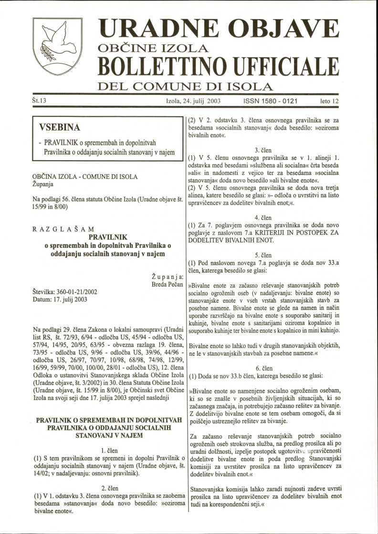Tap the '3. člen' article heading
[263, 150]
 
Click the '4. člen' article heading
[263, 218]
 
